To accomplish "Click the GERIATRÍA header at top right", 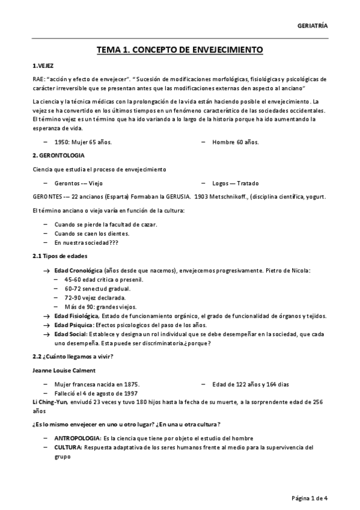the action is point(313,25).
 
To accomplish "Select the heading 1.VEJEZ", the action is point(43,66).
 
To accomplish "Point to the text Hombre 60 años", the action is point(235,142).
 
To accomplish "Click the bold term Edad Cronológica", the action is point(79,271).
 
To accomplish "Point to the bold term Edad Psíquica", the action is point(73,325).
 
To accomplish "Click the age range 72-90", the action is point(74,298).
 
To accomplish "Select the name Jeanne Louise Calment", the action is point(64,370).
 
